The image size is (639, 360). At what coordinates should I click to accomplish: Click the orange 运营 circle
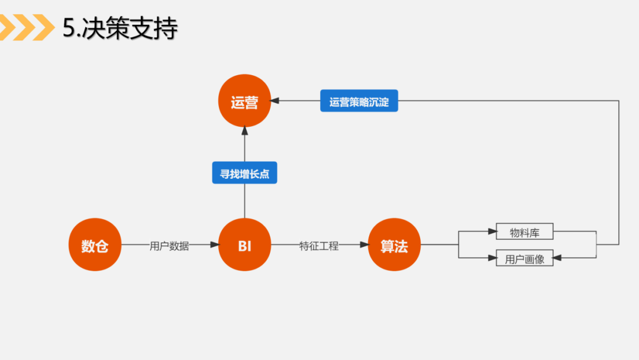point(244,102)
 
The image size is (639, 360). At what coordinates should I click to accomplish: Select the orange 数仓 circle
point(95,245)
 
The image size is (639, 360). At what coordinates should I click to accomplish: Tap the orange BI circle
point(244,245)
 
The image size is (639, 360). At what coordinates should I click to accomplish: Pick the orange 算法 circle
point(394,245)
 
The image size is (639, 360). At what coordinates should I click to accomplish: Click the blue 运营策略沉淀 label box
point(359,101)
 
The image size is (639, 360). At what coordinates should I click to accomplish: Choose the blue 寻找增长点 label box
point(244,174)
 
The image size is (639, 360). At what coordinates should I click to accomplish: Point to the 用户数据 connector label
point(169,246)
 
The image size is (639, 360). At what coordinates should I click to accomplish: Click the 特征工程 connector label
point(319,246)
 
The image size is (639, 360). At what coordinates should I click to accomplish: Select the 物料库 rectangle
point(524,232)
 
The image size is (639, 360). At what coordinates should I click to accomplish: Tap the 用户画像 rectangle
point(524,259)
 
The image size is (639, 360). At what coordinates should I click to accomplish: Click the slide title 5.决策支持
point(120,28)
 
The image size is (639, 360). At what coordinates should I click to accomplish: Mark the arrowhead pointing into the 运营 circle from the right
point(275,101)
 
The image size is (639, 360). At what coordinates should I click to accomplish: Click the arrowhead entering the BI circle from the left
point(215,245)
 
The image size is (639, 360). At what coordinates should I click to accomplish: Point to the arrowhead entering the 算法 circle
point(364,245)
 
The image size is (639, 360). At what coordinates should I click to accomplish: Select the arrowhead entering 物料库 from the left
point(492,232)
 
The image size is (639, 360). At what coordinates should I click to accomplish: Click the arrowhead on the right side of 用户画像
point(557,258)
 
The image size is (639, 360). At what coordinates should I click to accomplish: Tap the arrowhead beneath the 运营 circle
point(244,131)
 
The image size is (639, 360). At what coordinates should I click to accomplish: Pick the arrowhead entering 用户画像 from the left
point(492,258)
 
